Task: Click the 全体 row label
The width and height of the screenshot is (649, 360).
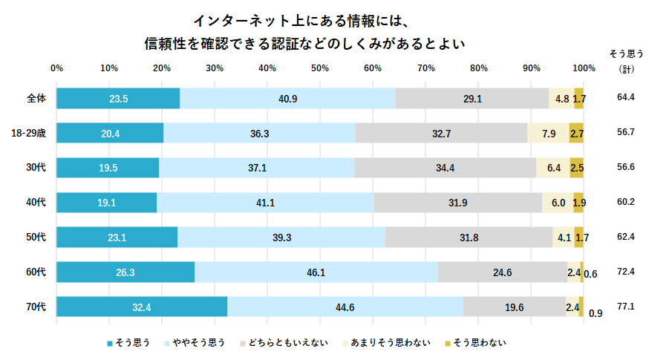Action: pyautogui.click(x=36, y=98)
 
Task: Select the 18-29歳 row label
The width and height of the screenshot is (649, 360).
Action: pyautogui.click(x=29, y=133)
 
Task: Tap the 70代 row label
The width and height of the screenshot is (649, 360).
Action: pyautogui.click(x=36, y=307)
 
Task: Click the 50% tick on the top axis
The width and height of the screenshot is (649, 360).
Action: pyautogui.click(x=320, y=68)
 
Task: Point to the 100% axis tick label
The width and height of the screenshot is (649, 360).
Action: pyautogui.click(x=584, y=68)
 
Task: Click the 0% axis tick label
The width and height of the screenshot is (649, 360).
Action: pyautogui.click(x=56, y=68)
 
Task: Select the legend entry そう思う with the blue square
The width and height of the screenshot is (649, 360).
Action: pyautogui.click(x=129, y=342)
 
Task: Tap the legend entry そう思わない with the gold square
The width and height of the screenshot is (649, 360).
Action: pyautogui.click(x=475, y=342)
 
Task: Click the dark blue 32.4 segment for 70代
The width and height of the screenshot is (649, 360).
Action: pyautogui.click(x=142, y=307)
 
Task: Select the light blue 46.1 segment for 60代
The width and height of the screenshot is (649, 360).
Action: pyautogui.click(x=316, y=272)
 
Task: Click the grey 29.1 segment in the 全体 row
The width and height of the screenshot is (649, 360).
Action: pyautogui.click(x=472, y=98)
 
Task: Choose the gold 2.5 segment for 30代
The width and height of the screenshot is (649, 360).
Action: pyautogui.click(x=577, y=168)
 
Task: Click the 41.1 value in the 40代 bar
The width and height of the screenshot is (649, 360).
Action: pyautogui.click(x=265, y=203)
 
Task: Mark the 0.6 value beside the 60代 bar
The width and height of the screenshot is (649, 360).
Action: pyautogui.click(x=591, y=274)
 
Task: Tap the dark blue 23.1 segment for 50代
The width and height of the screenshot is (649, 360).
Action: pyautogui.click(x=117, y=238)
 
